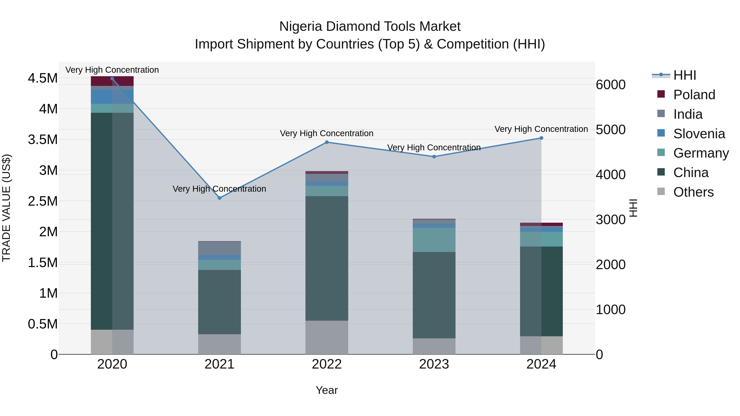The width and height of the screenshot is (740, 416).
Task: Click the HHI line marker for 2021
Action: pos(220,198)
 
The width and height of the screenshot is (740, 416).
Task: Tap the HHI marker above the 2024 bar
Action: pos(541,138)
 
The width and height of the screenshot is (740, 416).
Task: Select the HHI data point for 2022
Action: pos(327,142)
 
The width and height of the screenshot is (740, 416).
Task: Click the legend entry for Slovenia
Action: pos(699,134)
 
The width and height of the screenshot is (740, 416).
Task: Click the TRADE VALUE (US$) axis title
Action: pos(7,208)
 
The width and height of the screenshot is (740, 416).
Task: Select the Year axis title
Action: pos(327,390)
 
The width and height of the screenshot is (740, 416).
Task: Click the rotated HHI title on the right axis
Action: pos(633,208)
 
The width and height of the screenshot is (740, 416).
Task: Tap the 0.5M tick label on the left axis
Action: pos(43,324)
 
